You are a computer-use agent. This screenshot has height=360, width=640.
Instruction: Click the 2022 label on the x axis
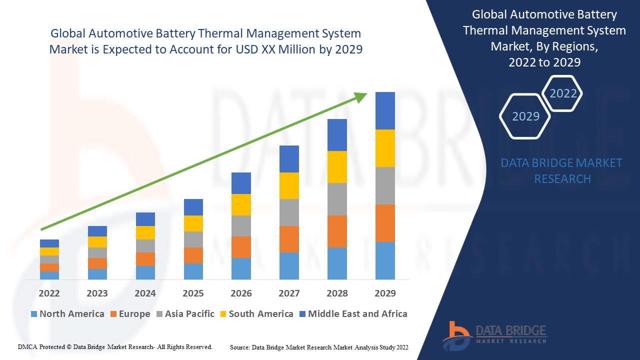(x=49, y=293)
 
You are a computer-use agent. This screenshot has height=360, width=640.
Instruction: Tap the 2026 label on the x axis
(x=241, y=293)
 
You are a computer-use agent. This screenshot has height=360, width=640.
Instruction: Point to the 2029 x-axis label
(x=385, y=293)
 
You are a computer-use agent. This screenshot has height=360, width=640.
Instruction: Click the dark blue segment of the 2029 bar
(x=385, y=110)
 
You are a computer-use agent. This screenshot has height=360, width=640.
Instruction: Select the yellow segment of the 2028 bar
(x=337, y=167)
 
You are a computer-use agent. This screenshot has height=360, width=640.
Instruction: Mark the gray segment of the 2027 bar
(x=289, y=212)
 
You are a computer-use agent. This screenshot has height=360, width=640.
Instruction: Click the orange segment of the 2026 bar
(x=241, y=247)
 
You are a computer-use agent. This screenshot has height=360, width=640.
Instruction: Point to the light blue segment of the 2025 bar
(x=193, y=271)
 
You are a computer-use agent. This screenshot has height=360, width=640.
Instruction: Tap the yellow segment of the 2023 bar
(x=97, y=242)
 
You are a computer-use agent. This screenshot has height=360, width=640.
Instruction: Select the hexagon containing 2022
(x=563, y=93)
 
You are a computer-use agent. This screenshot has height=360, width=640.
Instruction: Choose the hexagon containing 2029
(x=525, y=116)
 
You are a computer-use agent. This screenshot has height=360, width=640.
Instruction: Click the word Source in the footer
(x=240, y=347)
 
